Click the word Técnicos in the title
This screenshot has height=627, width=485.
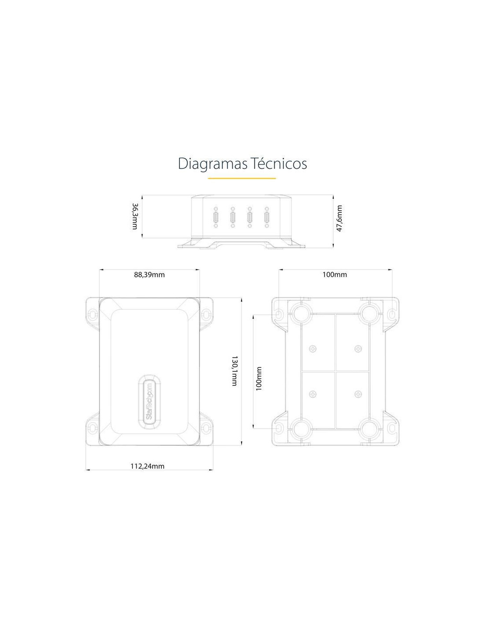point(280,163)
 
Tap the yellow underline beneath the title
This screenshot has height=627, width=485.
point(242,178)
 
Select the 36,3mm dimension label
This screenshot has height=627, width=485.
point(135,216)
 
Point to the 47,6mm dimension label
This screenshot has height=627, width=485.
point(339,218)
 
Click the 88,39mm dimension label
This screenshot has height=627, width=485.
point(149,274)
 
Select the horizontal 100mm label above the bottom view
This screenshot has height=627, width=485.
point(335,274)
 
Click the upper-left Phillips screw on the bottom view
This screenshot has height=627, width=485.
point(313,349)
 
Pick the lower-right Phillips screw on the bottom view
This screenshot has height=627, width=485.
point(358,394)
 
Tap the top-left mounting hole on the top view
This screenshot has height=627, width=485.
point(93,313)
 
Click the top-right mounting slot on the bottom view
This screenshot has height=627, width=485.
point(392,314)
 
